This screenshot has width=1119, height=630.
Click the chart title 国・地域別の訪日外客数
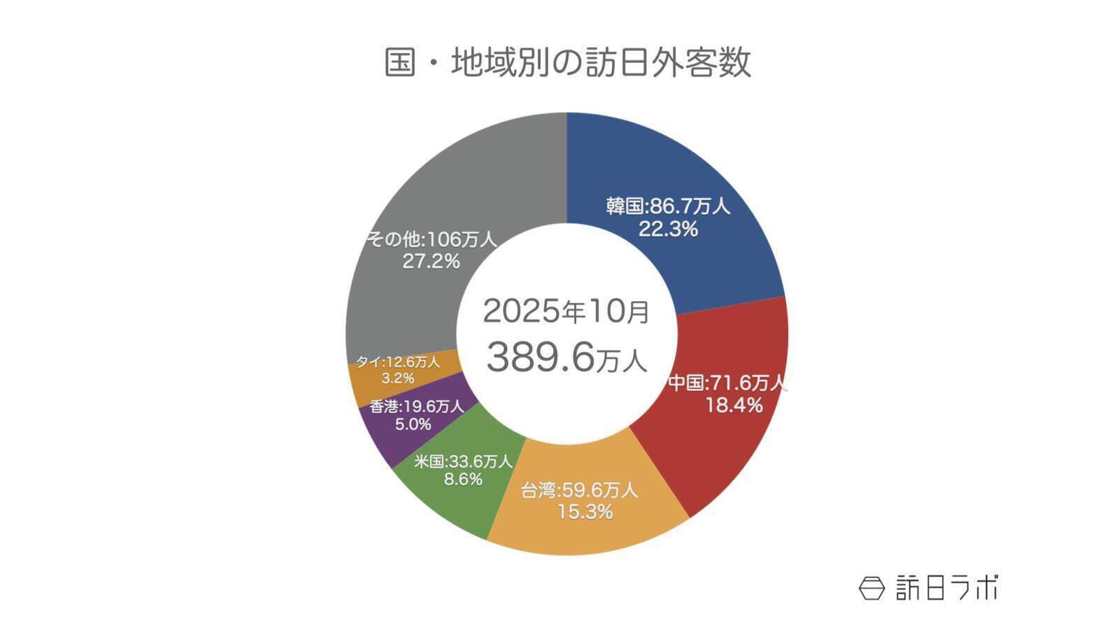click(567, 62)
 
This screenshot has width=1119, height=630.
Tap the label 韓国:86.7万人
click(668, 206)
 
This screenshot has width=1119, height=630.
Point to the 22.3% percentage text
click(668, 229)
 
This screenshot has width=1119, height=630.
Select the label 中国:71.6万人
click(727, 383)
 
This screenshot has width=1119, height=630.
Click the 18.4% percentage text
click(734, 405)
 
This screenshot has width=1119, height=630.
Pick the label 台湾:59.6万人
click(580, 490)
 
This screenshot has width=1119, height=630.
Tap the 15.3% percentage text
click(585, 512)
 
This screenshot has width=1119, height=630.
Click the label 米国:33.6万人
click(463, 461)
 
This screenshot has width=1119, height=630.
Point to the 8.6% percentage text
click(463, 479)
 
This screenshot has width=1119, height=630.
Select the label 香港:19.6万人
click(417, 406)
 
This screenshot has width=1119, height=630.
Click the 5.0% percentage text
click(413, 424)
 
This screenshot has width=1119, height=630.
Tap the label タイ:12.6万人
click(398, 362)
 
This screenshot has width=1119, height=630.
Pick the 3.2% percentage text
click(397, 379)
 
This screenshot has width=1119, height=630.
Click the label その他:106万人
click(432, 239)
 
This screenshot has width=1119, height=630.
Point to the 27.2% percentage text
click(431, 262)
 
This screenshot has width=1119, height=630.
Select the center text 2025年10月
click(566, 311)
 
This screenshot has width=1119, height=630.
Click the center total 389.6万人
click(566, 357)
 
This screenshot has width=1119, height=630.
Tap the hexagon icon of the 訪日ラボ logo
click(871, 588)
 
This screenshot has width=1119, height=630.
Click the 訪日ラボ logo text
click(948, 588)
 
